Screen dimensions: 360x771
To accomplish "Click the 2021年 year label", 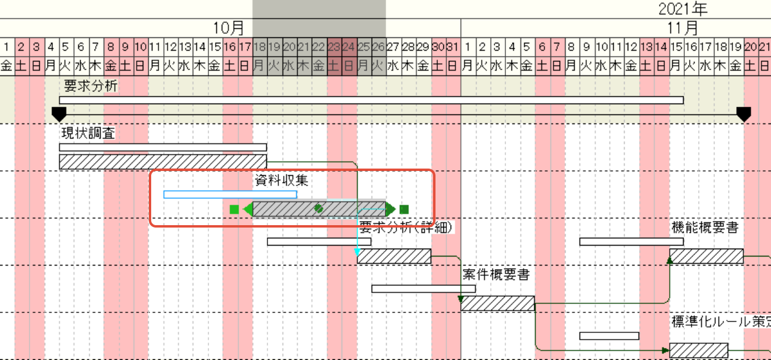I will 682,8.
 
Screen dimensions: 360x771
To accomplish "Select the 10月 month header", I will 229,28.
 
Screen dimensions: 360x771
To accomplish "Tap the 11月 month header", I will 682,28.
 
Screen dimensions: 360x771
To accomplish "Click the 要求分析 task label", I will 90,86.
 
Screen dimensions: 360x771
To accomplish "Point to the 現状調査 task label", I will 88,133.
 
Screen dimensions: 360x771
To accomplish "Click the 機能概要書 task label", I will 705,228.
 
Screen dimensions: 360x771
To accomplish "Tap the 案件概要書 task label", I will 496,275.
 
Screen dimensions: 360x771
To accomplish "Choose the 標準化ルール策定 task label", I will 720,321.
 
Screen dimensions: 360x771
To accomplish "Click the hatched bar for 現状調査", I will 163,161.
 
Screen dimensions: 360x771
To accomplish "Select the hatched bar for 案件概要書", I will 498,303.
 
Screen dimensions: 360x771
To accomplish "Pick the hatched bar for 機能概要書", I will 706,256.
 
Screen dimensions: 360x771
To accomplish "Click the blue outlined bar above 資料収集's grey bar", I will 230,194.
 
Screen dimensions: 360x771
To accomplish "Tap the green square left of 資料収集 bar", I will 234,209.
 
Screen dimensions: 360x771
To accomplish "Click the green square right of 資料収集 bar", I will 404,209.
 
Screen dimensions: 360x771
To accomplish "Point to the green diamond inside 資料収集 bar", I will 319,208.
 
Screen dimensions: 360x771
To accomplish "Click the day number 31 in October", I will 453,46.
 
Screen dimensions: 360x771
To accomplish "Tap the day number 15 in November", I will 676,46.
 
